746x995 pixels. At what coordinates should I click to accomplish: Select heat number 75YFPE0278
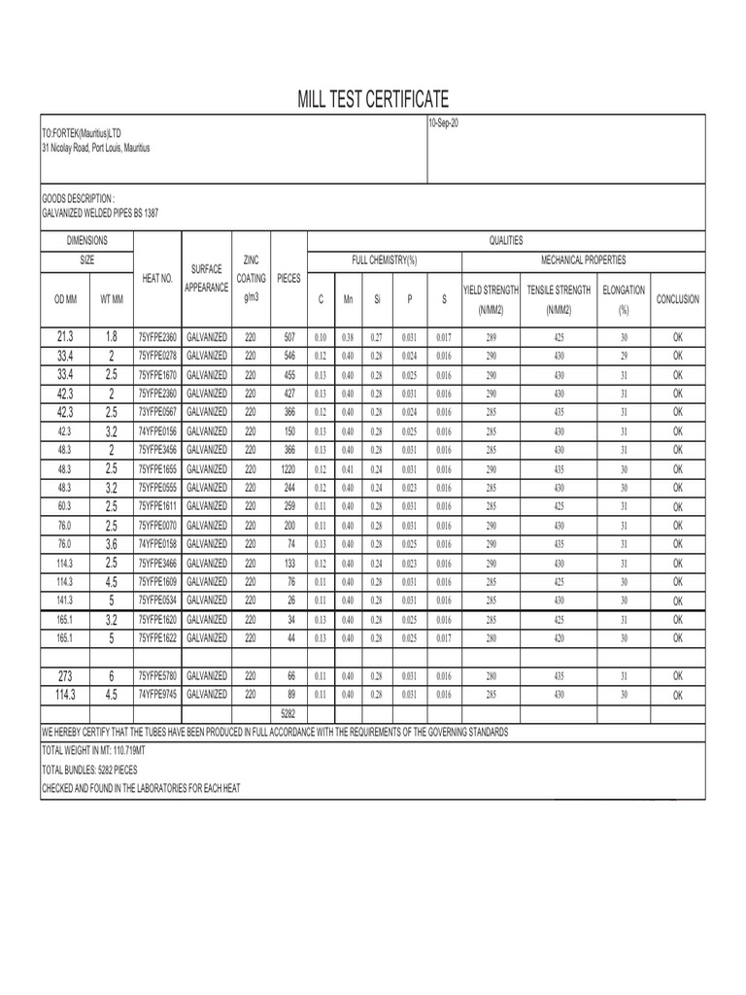pyautogui.click(x=157, y=356)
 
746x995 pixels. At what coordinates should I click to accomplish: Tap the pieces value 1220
pyautogui.click(x=288, y=468)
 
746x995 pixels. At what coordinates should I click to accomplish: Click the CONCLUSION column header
pyautogui.click(x=678, y=299)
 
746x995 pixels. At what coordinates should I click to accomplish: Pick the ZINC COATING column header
pyautogui.click(x=252, y=278)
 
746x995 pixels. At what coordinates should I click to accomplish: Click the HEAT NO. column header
pyautogui.click(x=157, y=279)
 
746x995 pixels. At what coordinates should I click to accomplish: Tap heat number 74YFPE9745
pyautogui.click(x=157, y=694)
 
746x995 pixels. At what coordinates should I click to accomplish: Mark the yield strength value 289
pyautogui.click(x=492, y=337)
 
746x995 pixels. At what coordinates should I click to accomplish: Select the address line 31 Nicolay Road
pyautogui.click(x=95, y=148)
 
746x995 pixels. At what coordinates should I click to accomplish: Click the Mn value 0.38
pyautogui.click(x=348, y=337)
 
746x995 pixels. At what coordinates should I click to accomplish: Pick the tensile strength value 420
pyautogui.click(x=559, y=638)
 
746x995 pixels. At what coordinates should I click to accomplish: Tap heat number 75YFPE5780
pyautogui.click(x=157, y=675)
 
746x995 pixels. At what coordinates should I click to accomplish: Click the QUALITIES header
pyautogui.click(x=506, y=240)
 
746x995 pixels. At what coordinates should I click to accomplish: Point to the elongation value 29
pyautogui.click(x=624, y=356)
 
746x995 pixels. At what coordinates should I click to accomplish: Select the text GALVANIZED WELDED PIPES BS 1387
pyautogui.click(x=100, y=214)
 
